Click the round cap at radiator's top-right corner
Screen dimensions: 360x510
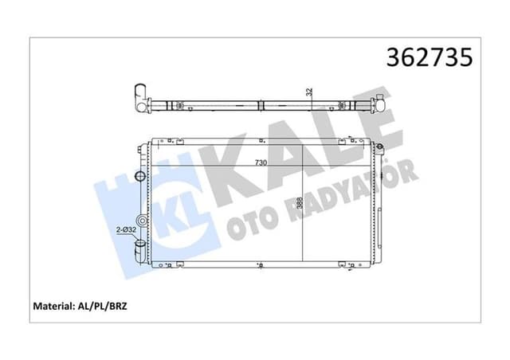382,147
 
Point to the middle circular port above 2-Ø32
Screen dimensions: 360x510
141,221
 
